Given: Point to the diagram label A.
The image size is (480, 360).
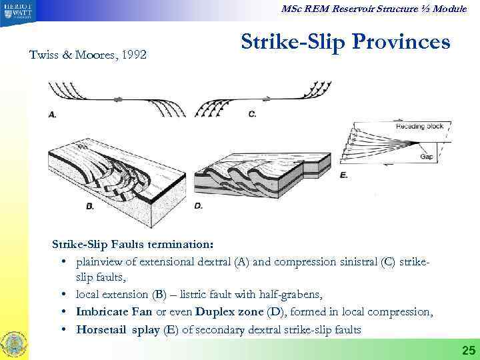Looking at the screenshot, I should pos(53,115).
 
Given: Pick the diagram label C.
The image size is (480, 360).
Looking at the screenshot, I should pos(252,114).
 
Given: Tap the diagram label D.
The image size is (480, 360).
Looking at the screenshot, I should pos(199,206).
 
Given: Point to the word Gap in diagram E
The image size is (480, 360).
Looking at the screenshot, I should pos(427,157).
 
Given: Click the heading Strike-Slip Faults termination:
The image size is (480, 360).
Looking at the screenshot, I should pos(132,244).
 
